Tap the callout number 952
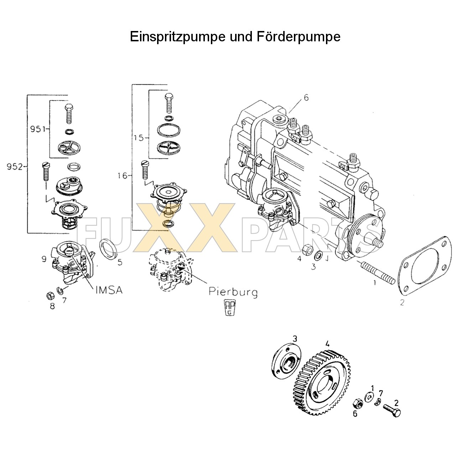(x=15, y=167)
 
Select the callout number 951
(x=37, y=129)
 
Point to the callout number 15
(x=139, y=137)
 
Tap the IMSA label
(x=109, y=290)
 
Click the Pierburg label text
(x=233, y=292)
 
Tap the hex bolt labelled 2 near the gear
(x=392, y=410)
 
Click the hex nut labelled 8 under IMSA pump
(x=51, y=295)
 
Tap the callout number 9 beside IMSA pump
(x=44, y=259)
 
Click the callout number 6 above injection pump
(x=306, y=98)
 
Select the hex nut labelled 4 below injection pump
(x=307, y=248)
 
